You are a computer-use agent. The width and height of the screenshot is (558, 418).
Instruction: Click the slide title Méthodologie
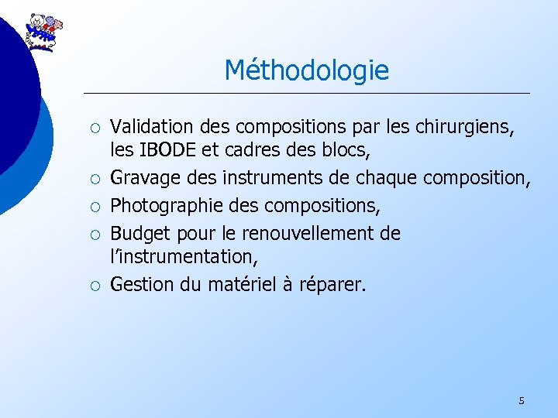(x=306, y=71)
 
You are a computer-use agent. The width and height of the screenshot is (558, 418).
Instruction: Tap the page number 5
(x=521, y=400)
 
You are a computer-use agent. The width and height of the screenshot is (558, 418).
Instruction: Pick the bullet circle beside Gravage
(x=93, y=180)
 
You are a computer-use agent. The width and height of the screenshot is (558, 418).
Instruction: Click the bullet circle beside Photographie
(x=93, y=206)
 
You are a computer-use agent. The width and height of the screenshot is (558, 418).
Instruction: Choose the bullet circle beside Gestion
(x=93, y=286)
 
